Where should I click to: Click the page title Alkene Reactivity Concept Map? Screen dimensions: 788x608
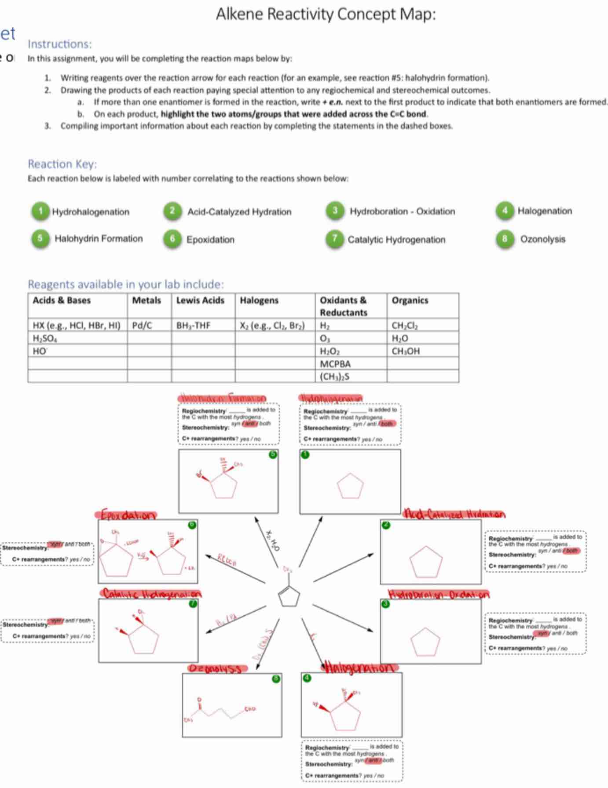(326, 15)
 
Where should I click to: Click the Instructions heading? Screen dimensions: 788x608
(60, 44)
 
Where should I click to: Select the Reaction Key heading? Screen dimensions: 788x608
(62, 164)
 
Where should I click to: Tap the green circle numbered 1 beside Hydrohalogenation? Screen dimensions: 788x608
(40, 211)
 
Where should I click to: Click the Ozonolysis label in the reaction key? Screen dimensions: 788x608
(542, 239)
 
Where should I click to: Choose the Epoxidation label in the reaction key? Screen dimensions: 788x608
(210, 240)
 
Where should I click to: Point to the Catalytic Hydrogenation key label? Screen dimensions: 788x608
(396, 240)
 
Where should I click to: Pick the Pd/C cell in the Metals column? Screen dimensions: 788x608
(142, 325)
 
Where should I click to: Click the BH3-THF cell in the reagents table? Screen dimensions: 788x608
(193, 325)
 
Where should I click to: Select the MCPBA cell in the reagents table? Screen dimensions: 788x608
(335, 364)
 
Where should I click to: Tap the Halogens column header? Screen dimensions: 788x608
(259, 300)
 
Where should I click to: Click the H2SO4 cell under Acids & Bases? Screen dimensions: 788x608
(45, 338)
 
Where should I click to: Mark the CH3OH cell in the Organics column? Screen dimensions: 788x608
(406, 351)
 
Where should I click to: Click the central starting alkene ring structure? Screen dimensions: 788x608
(289, 596)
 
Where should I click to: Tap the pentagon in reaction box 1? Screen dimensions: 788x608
(350, 486)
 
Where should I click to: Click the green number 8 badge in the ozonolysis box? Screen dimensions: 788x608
(276, 679)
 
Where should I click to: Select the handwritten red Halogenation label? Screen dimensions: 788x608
(361, 667)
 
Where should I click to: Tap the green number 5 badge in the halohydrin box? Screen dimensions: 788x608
(273, 454)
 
